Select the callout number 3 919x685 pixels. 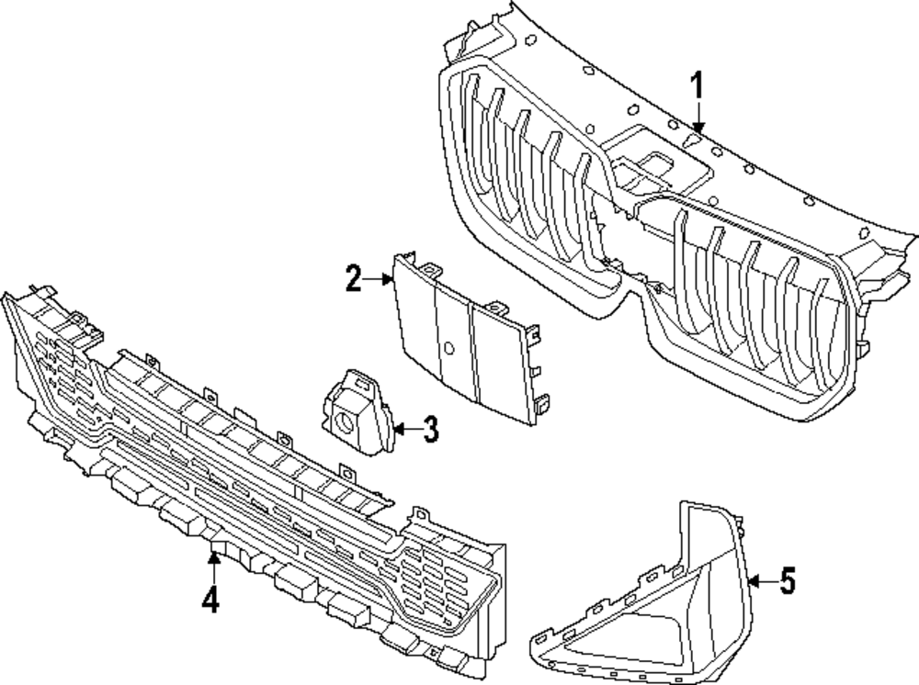click(430, 429)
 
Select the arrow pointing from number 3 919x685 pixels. click(403, 428)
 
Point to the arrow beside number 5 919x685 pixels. click(759, 580)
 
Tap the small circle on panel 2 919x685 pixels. click(448, 349)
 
